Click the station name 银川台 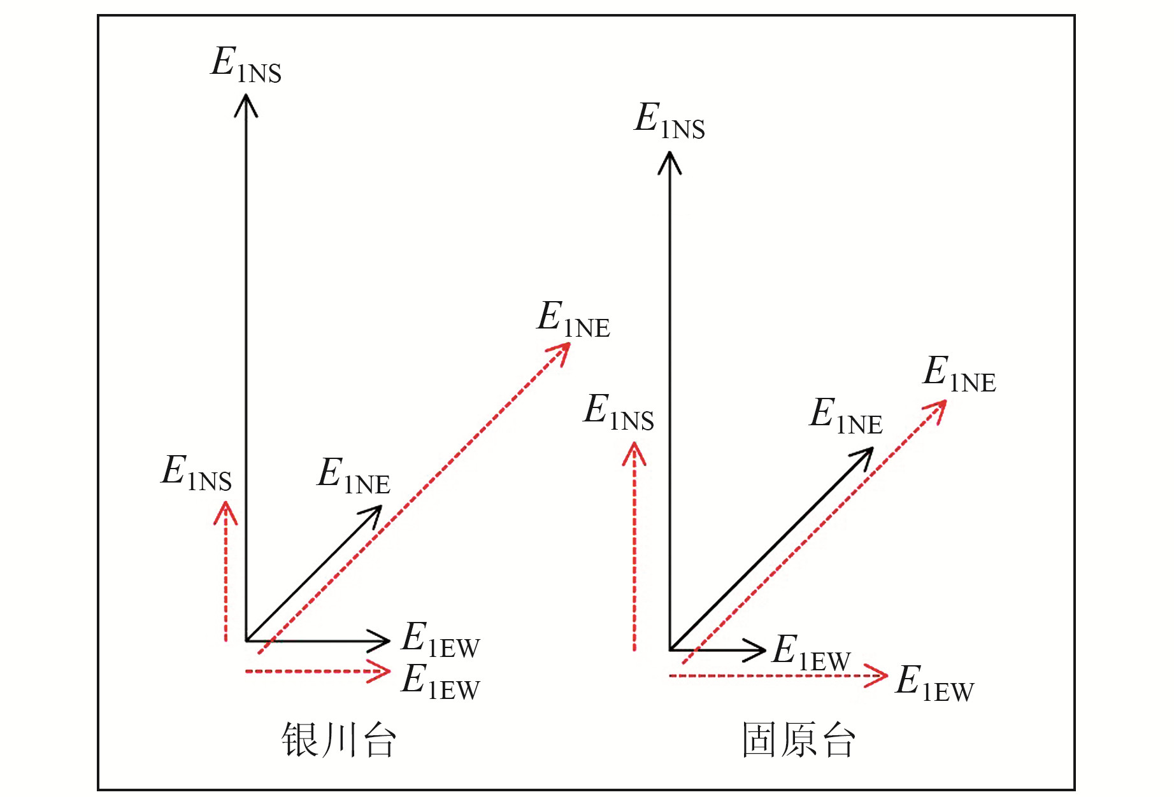[339, 740]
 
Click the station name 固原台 [798, 740]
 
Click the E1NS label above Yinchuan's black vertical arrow [246, 65]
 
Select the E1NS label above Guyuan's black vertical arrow [669, 121]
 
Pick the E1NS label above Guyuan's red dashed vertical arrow [619, 412]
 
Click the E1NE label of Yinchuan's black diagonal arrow [354, 476]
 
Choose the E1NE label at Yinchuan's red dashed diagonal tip [573, 319]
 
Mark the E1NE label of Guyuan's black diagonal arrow [846, 416]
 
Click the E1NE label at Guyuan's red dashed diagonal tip [959, 374]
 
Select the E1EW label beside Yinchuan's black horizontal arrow [440, 640]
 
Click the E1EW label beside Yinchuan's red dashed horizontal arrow [440, 682]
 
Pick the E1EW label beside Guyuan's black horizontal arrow [811, 653]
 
